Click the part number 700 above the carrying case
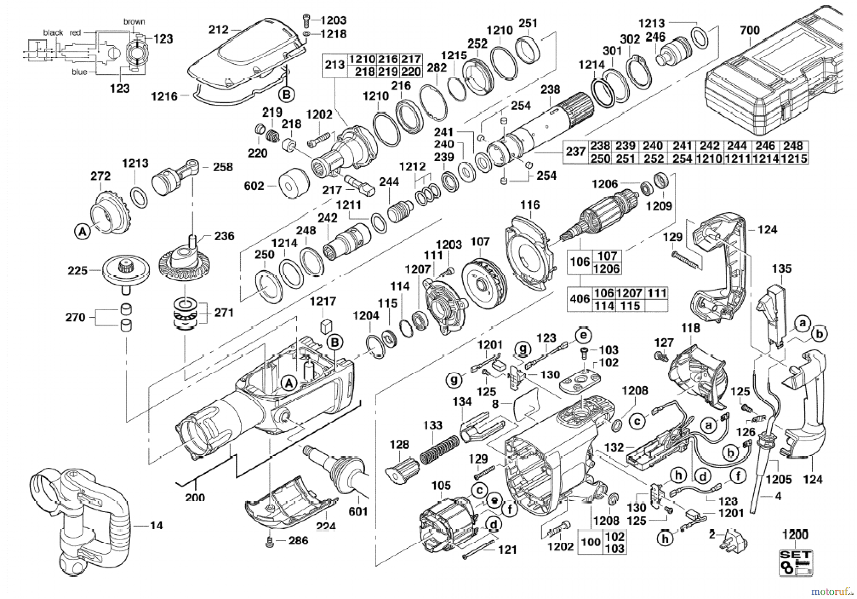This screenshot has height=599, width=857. pyautogui.click(x=750, y=30)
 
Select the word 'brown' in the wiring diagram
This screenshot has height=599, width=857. pyautogui.click(x=134, y=22)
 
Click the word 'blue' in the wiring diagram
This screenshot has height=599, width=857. pyautogui.click(x=79, y=72)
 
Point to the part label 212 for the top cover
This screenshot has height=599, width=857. pyautogui.click(x=218, y=29)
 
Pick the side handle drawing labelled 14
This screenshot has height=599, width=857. pyautogui.click(x=80, y=519)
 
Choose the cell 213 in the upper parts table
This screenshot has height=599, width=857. pyautogui.click(x=335, y=65)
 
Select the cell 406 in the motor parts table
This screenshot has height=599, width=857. pyautogui.click(x=580, y=299)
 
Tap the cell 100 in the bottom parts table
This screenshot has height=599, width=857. pyautogui.click(x=591, y=542)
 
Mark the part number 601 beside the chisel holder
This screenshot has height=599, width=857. pyautogui.click(x=358, y=511)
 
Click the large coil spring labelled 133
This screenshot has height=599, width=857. pyautogui.click(x=440, y=450)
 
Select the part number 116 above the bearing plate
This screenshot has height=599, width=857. pyautogui.click(x=530, y=205)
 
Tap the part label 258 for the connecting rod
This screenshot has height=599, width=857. pyautogui.click(x=223, y=167)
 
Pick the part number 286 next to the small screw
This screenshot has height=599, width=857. pyautogui.click(x=298, y=540)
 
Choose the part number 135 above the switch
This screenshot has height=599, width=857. pyautogui.click(x=782, y=269)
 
